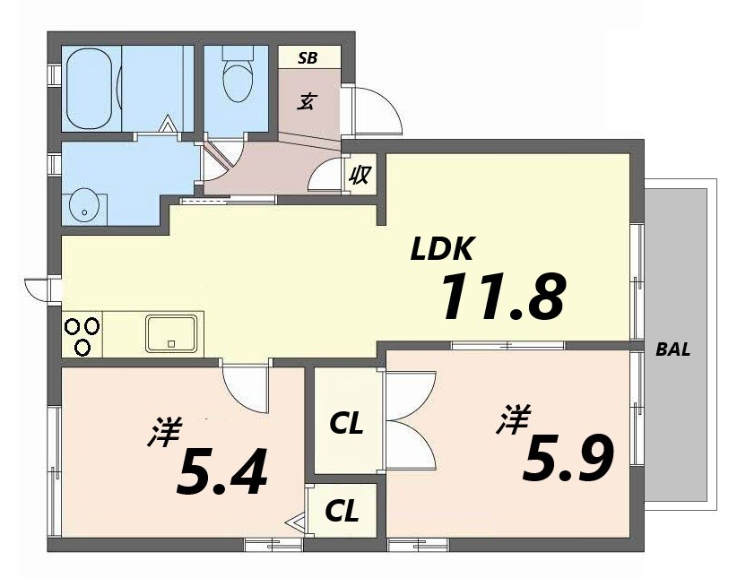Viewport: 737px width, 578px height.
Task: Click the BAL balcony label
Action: tap(673, 350)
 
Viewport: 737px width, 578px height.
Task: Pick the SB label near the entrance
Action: tap(308, 58)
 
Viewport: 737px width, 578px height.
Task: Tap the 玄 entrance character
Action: tap(306, 101)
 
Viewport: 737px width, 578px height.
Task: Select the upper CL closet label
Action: tap(346, 423)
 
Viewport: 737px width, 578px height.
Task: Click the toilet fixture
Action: tap(238, 79)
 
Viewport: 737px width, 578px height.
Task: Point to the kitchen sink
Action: tap(171, 332)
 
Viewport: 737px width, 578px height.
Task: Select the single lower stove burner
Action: tap(82, 347)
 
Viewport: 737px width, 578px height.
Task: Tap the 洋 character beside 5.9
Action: tap(513, 419)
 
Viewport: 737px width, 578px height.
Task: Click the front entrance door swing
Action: tap(372, 110)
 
